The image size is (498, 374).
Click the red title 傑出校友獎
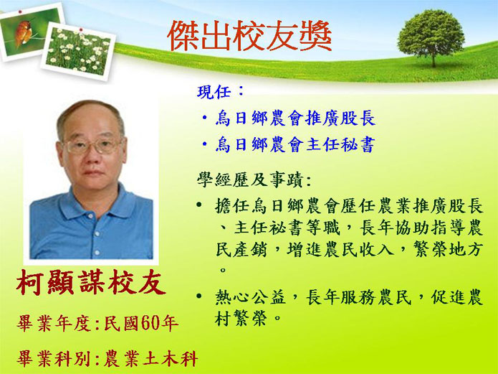pyautogui.click(x=249, y=36)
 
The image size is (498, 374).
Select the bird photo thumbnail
pyautogui.click(x=29, y=31)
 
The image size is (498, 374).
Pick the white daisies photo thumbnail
pyautogui.click(x=78, y=51)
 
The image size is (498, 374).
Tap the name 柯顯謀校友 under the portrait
pyautogui.click(x=91, y=282)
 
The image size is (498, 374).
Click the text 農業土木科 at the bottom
pyautogui.click(x=151, y=358)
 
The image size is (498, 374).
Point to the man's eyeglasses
pyautogui.click(x=92, y=146)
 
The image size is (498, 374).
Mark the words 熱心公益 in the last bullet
pyautogui.click(x=250, y=297)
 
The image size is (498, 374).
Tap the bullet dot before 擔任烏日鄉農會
pyautogui.click(x=199, y=205)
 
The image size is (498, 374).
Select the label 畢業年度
pyautogui.click(x=54, y=324)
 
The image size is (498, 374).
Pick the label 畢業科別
pyautogui.click(x=54, y=358)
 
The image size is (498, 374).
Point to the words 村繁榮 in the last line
pyautogui.click(x=241, y=318)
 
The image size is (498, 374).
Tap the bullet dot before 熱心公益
pyautogui.click(x=199, y=296)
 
